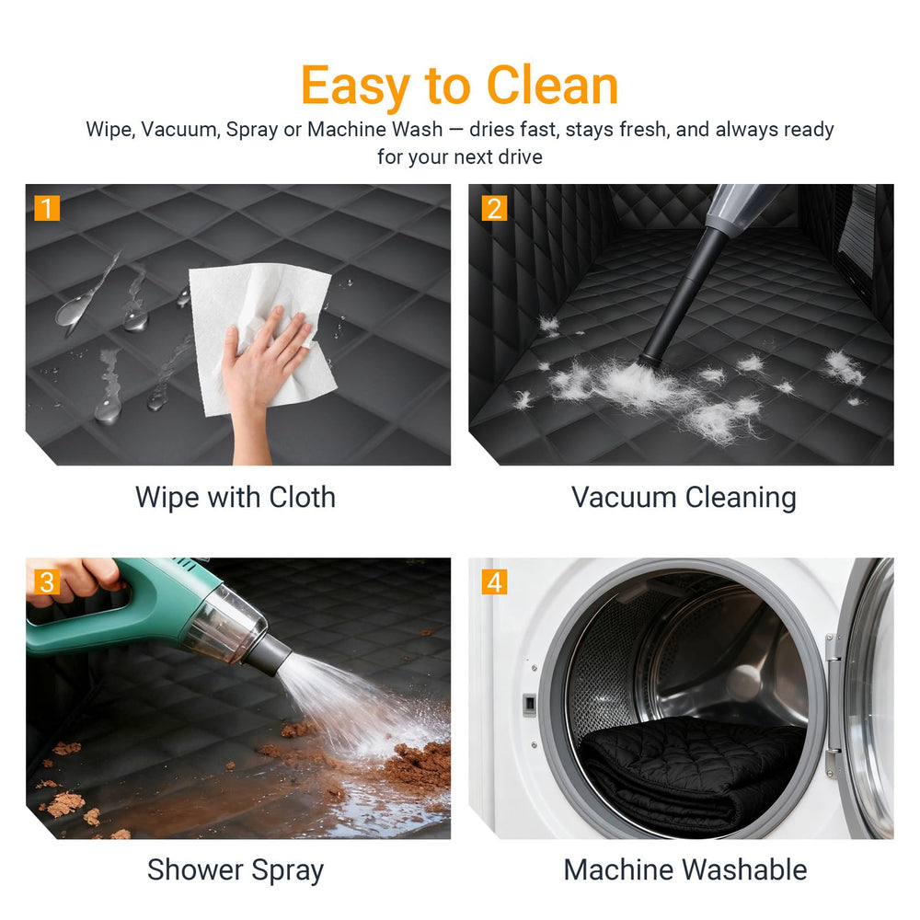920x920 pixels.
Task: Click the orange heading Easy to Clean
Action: point(459,86)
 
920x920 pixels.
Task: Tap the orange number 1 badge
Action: point(47,208)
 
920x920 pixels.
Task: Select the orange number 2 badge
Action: point(494,208)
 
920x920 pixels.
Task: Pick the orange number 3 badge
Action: point(47,582)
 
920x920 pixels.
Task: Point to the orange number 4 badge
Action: point(494,582)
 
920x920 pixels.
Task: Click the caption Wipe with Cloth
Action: point(236,497)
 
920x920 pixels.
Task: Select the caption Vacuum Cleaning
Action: point(684,498)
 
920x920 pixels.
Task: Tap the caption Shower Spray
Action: point(236,870)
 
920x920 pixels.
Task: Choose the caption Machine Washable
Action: point(684,869)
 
